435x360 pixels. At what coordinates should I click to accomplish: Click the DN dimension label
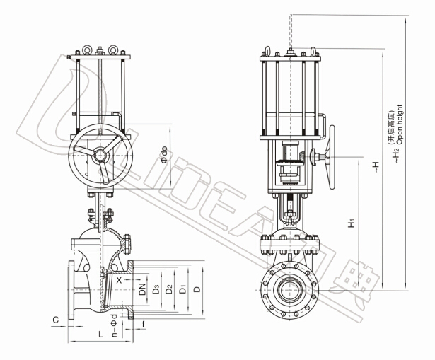[142, 289]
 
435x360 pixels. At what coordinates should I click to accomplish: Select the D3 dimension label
[156, 289]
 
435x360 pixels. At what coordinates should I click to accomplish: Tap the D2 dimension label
[169, 289]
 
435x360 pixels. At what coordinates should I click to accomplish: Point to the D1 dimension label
[182, 289]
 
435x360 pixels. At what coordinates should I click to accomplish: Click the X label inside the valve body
[119, 280]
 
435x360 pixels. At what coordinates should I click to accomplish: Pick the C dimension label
[56, 320]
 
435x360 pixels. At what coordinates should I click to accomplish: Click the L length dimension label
[101, 335]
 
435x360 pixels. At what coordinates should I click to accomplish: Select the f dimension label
[144, 324]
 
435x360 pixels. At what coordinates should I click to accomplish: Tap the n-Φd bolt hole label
[114, 325]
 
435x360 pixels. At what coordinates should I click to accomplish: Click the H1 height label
[352, 223]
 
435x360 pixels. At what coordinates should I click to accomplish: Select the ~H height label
[376, 167]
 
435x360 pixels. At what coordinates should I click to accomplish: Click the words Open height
[399, 124]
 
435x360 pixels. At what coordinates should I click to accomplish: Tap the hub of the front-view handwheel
[100, 156]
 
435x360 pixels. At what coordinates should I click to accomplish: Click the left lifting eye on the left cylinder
[88, 49]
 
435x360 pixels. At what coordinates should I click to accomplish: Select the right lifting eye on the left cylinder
[113, 49]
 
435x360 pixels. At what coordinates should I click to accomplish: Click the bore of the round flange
[290, 291]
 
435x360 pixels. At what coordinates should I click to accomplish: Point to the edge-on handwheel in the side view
[332, 157]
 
